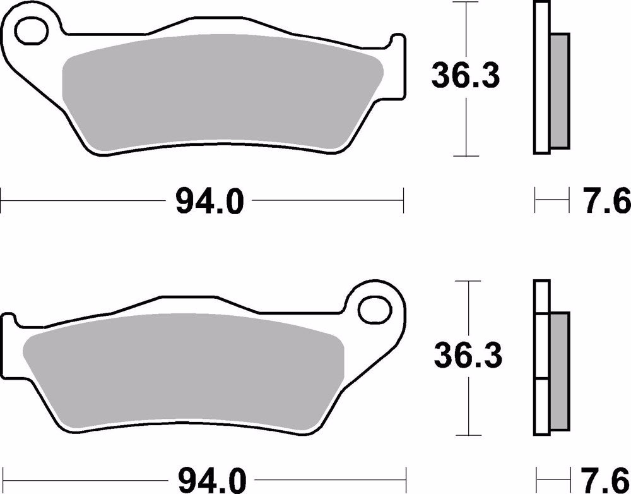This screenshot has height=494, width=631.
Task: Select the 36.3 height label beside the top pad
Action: pos(465,76)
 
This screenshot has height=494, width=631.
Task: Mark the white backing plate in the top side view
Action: pos(540,78)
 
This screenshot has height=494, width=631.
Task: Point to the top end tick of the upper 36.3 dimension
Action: pos(465,3)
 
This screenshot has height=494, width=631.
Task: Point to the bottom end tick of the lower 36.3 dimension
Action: pos(468,435)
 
